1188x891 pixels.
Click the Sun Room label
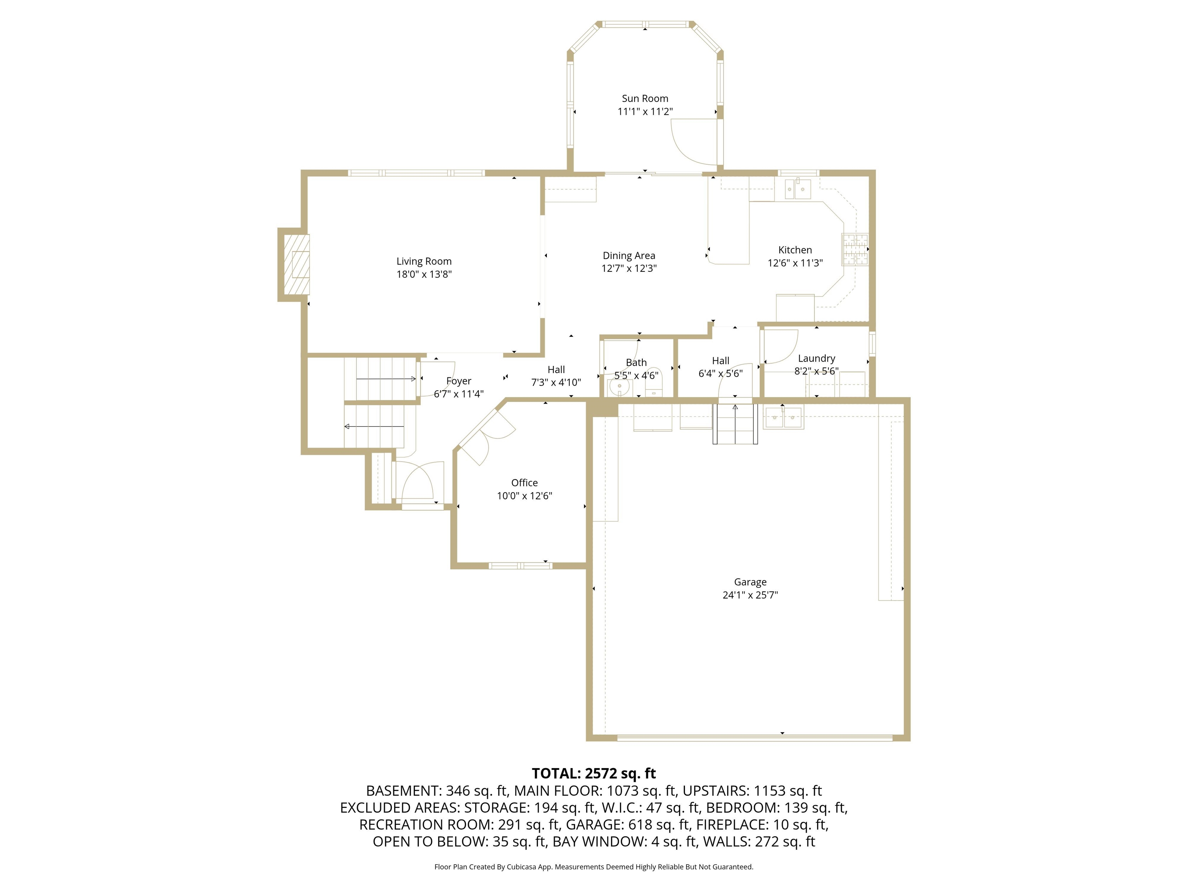(x=645, y=98)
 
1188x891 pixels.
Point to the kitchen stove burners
(x=854, y=250)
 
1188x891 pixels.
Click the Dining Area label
(x=628, y=256)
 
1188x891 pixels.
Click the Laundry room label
(x=816, y=358)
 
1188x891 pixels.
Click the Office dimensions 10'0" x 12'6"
(x=524, y=496)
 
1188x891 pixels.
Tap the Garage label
(x=750, y=582)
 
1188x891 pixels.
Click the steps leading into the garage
(x=735, y=424)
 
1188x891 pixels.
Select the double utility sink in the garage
(x=783, y=417)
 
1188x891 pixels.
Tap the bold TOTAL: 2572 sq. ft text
(x=594, y=773)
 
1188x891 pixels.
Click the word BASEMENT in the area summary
(x=402, y=790)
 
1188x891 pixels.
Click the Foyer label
(x=458, y=381)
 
